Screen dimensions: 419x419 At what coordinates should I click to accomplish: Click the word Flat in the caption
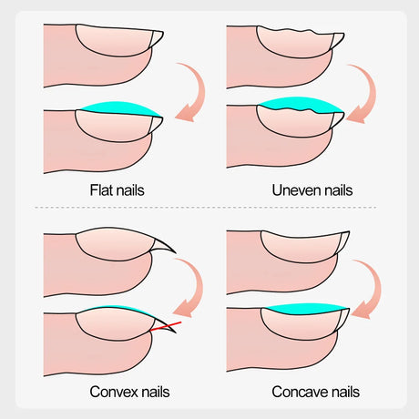99,190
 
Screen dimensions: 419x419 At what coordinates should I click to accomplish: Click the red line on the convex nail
166,326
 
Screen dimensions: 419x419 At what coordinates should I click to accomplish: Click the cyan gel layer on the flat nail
121,108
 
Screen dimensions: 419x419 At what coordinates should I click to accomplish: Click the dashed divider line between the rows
206,208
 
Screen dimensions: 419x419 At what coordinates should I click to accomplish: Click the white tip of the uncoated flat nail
157,38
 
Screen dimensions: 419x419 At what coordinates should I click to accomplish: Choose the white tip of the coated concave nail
343,318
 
